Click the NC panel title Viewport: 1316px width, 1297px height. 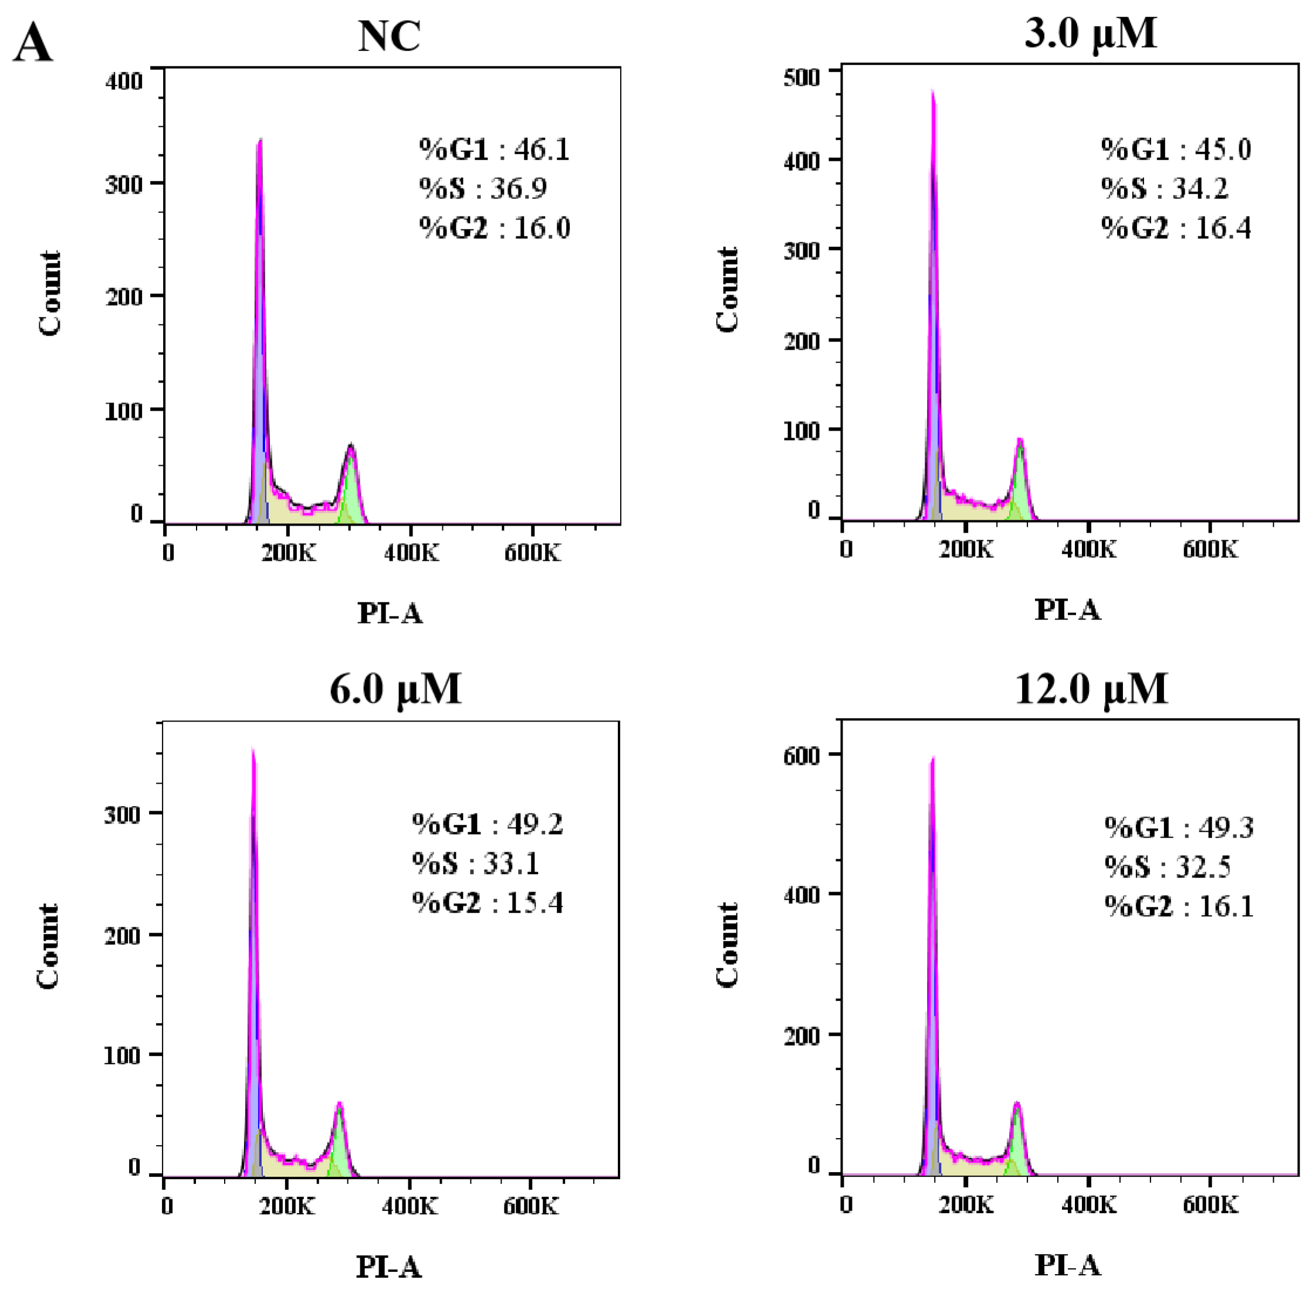click(x=389, y=37)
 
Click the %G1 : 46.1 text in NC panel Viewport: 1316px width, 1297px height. click(x=494, y=149)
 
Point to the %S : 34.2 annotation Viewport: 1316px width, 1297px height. click(x=1164, y=189)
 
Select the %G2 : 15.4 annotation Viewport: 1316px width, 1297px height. click(x=487, y=903)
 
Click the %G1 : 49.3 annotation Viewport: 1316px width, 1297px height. click(x=1178, y=828)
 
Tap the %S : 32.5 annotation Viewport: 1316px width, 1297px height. click(x=1168, y=867)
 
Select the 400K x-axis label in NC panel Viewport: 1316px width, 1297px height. click(x=411, y=553)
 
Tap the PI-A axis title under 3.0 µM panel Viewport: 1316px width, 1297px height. click(x=1067, y=610)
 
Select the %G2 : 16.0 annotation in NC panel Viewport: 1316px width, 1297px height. click(x=495, y=228)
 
